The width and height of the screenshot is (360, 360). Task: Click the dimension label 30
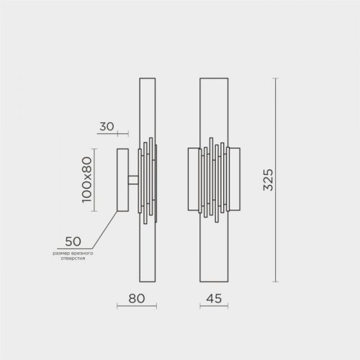pos(107,126)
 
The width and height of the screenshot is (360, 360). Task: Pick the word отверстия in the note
pos(73,258)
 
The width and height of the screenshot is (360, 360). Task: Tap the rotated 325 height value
pos(268,180)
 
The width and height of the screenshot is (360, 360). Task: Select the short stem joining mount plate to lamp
pos(134,179)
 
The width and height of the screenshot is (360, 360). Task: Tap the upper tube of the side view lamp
pos(148,108)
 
